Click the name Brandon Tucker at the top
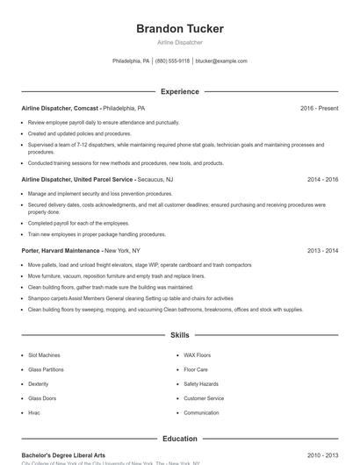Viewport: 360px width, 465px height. (x=179, y=28)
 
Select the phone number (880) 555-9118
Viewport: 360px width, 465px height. (x=172, y=61)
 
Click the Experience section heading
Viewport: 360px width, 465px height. (x=179, y=91)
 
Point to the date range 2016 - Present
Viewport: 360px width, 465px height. (x=319, y=108)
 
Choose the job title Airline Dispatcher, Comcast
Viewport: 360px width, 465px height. (x=60, y=108)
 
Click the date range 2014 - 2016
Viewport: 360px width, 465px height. (x=322, y=179)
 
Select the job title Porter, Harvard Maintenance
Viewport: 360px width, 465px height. (x=61, y=250)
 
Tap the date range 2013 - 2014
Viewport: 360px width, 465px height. (x=322, y=250)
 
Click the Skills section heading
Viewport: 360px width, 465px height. (x=179, y=335)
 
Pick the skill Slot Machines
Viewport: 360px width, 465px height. (x=45, y=355)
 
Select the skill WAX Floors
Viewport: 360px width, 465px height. (x=197, y=355)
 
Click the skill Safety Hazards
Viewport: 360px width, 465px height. (x=201, y=383)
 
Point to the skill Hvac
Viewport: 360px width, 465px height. (x=34, y=412)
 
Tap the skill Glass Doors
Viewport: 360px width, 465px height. (x=41, y=398)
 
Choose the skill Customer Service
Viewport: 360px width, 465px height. (x=204, y=398)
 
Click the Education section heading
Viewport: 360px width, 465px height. (x=179, y=439)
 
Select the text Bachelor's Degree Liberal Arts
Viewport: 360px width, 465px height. (x=63, y=455)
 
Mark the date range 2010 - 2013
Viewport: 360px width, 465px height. (x=322, y=455)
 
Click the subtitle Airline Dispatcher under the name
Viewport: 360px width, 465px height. (x=179, y=42)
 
